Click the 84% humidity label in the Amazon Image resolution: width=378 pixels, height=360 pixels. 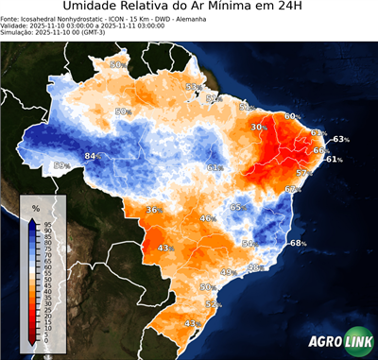click(92, 156)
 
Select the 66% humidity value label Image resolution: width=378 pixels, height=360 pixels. click(320, 150)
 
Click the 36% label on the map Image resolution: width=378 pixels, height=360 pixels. click(154, 210)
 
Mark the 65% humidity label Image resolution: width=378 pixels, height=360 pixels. click(238, 208)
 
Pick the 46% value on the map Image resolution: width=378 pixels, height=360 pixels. click(206, 218)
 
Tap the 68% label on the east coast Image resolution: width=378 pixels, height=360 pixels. click(298, 243)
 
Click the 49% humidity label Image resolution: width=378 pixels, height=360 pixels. click(228, 272)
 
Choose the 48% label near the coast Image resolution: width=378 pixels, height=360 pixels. click(254, 267)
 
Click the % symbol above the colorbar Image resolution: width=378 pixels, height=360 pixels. click(35, 207)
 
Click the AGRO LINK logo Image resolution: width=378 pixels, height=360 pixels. click(336, 342)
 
